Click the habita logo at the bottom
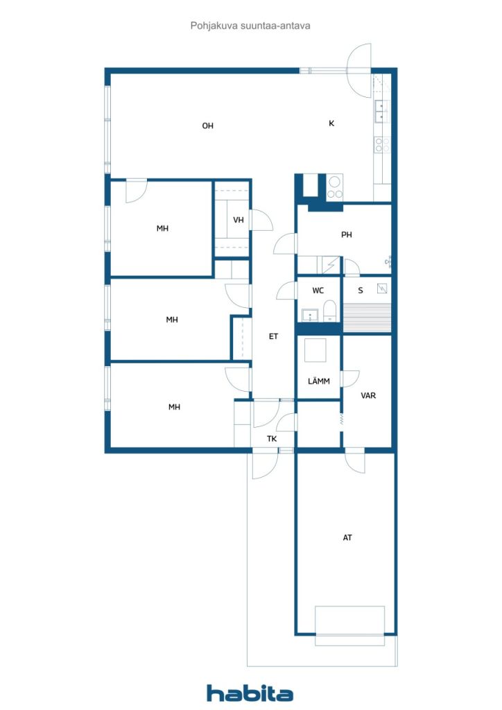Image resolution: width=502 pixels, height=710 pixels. point(250,693)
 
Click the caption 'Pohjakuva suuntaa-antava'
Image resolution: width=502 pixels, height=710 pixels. point(250,26)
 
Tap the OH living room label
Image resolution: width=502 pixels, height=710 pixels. point(207,125)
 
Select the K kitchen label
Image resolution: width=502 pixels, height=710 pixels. point(331,123)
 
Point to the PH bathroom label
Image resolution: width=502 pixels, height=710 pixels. point(347,235)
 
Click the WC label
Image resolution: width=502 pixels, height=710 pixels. point(318,291)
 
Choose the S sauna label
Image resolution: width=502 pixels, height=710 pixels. point(361,291)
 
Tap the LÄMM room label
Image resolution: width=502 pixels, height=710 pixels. point(319,381)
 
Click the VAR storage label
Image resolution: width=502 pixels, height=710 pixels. point(368,395)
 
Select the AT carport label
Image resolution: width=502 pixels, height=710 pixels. point(347,537)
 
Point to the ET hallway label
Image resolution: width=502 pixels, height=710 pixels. point(273,336)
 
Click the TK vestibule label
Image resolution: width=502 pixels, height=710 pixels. point(272,439)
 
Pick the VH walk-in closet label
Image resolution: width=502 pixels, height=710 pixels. point(238,220)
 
